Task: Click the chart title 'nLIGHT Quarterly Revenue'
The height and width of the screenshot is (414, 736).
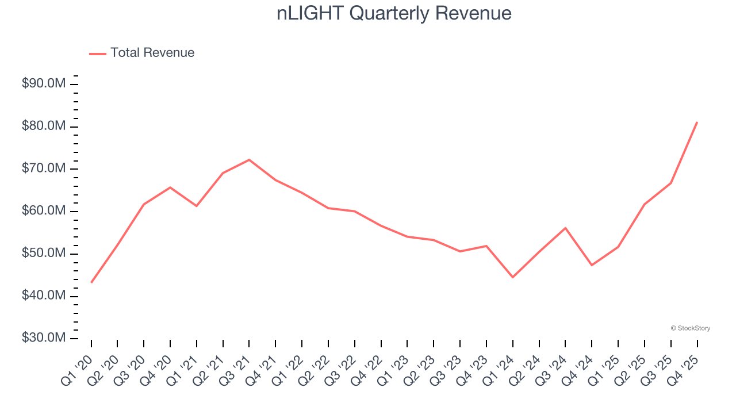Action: click(x=394, y=13)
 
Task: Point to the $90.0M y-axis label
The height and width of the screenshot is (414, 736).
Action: click(x=44, y=84)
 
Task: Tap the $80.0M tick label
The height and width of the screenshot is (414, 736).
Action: click(x=44, y=126)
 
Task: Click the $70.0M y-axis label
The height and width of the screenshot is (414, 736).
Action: click(x=44, y=169)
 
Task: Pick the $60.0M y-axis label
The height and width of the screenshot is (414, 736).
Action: click(x=44, y=211)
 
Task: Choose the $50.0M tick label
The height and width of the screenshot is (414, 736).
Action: click(x=44, y=254)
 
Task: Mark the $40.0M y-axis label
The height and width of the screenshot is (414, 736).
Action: click(x=44, y=296)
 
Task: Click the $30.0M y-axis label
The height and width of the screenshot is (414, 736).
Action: click(x=44, y=338)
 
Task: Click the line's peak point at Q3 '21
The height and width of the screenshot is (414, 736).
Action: click(x=249, y=160)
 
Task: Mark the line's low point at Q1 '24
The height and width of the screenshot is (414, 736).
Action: click(x=512, y=277)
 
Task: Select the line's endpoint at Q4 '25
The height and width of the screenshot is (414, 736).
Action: click(x=697, y=122)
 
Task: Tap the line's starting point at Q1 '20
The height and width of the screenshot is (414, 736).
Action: click(x=91, y=282)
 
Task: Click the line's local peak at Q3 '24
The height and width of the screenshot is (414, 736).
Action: click(x=565, y=228)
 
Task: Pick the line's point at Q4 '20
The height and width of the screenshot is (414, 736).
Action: click(x=170, y=187)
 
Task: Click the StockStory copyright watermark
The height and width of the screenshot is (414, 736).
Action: click(x=691, y=328)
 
